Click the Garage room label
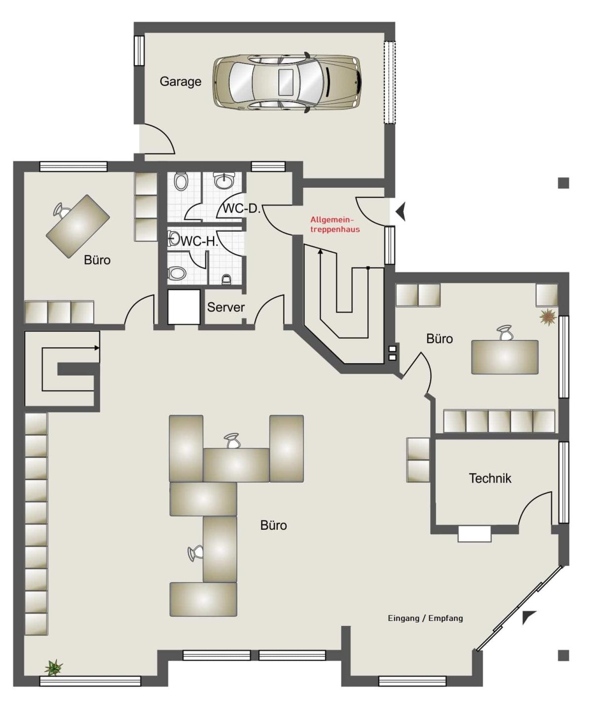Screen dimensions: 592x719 (181, 82)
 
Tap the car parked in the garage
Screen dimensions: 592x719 (287, 82)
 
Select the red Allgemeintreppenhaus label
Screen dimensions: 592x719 (335, 225)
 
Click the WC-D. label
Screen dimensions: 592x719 (242, 208)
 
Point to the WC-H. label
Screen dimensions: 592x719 (199, 241)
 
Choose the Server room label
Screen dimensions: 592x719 (226, 307)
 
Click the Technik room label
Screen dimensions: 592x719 (490, 479)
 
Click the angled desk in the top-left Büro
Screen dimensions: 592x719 (78, 226)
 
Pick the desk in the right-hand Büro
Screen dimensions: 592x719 (505, 357)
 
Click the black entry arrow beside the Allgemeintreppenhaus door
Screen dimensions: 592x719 (401, 211)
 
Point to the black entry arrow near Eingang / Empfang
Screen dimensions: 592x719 (528, 617)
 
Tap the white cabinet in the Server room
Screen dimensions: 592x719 (184, 307)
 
